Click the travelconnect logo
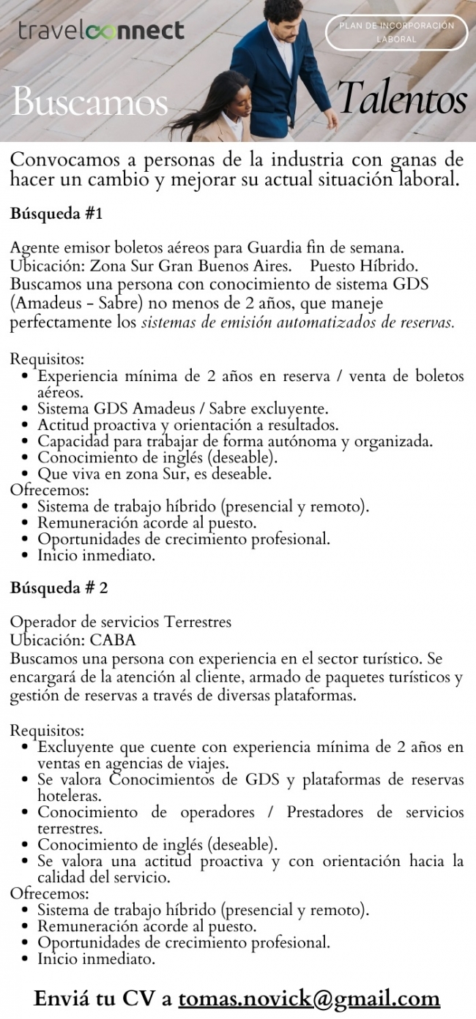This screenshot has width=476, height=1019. coord(101,31)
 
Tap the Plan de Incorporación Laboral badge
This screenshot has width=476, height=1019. coord(396,32)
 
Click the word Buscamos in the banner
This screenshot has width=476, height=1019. coord(89,102)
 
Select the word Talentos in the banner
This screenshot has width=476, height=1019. coord(402,99)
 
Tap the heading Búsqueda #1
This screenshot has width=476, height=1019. coord(56,214)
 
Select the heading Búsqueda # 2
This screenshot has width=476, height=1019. coord(59,588)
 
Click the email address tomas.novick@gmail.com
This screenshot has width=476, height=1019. coord(309,998)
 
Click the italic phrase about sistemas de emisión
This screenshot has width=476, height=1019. coord(297,322)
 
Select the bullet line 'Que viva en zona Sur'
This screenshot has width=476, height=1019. coord(155,474)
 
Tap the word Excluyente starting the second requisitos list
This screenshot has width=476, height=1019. coord(75,747)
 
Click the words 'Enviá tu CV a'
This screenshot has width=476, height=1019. coord(103,998)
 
